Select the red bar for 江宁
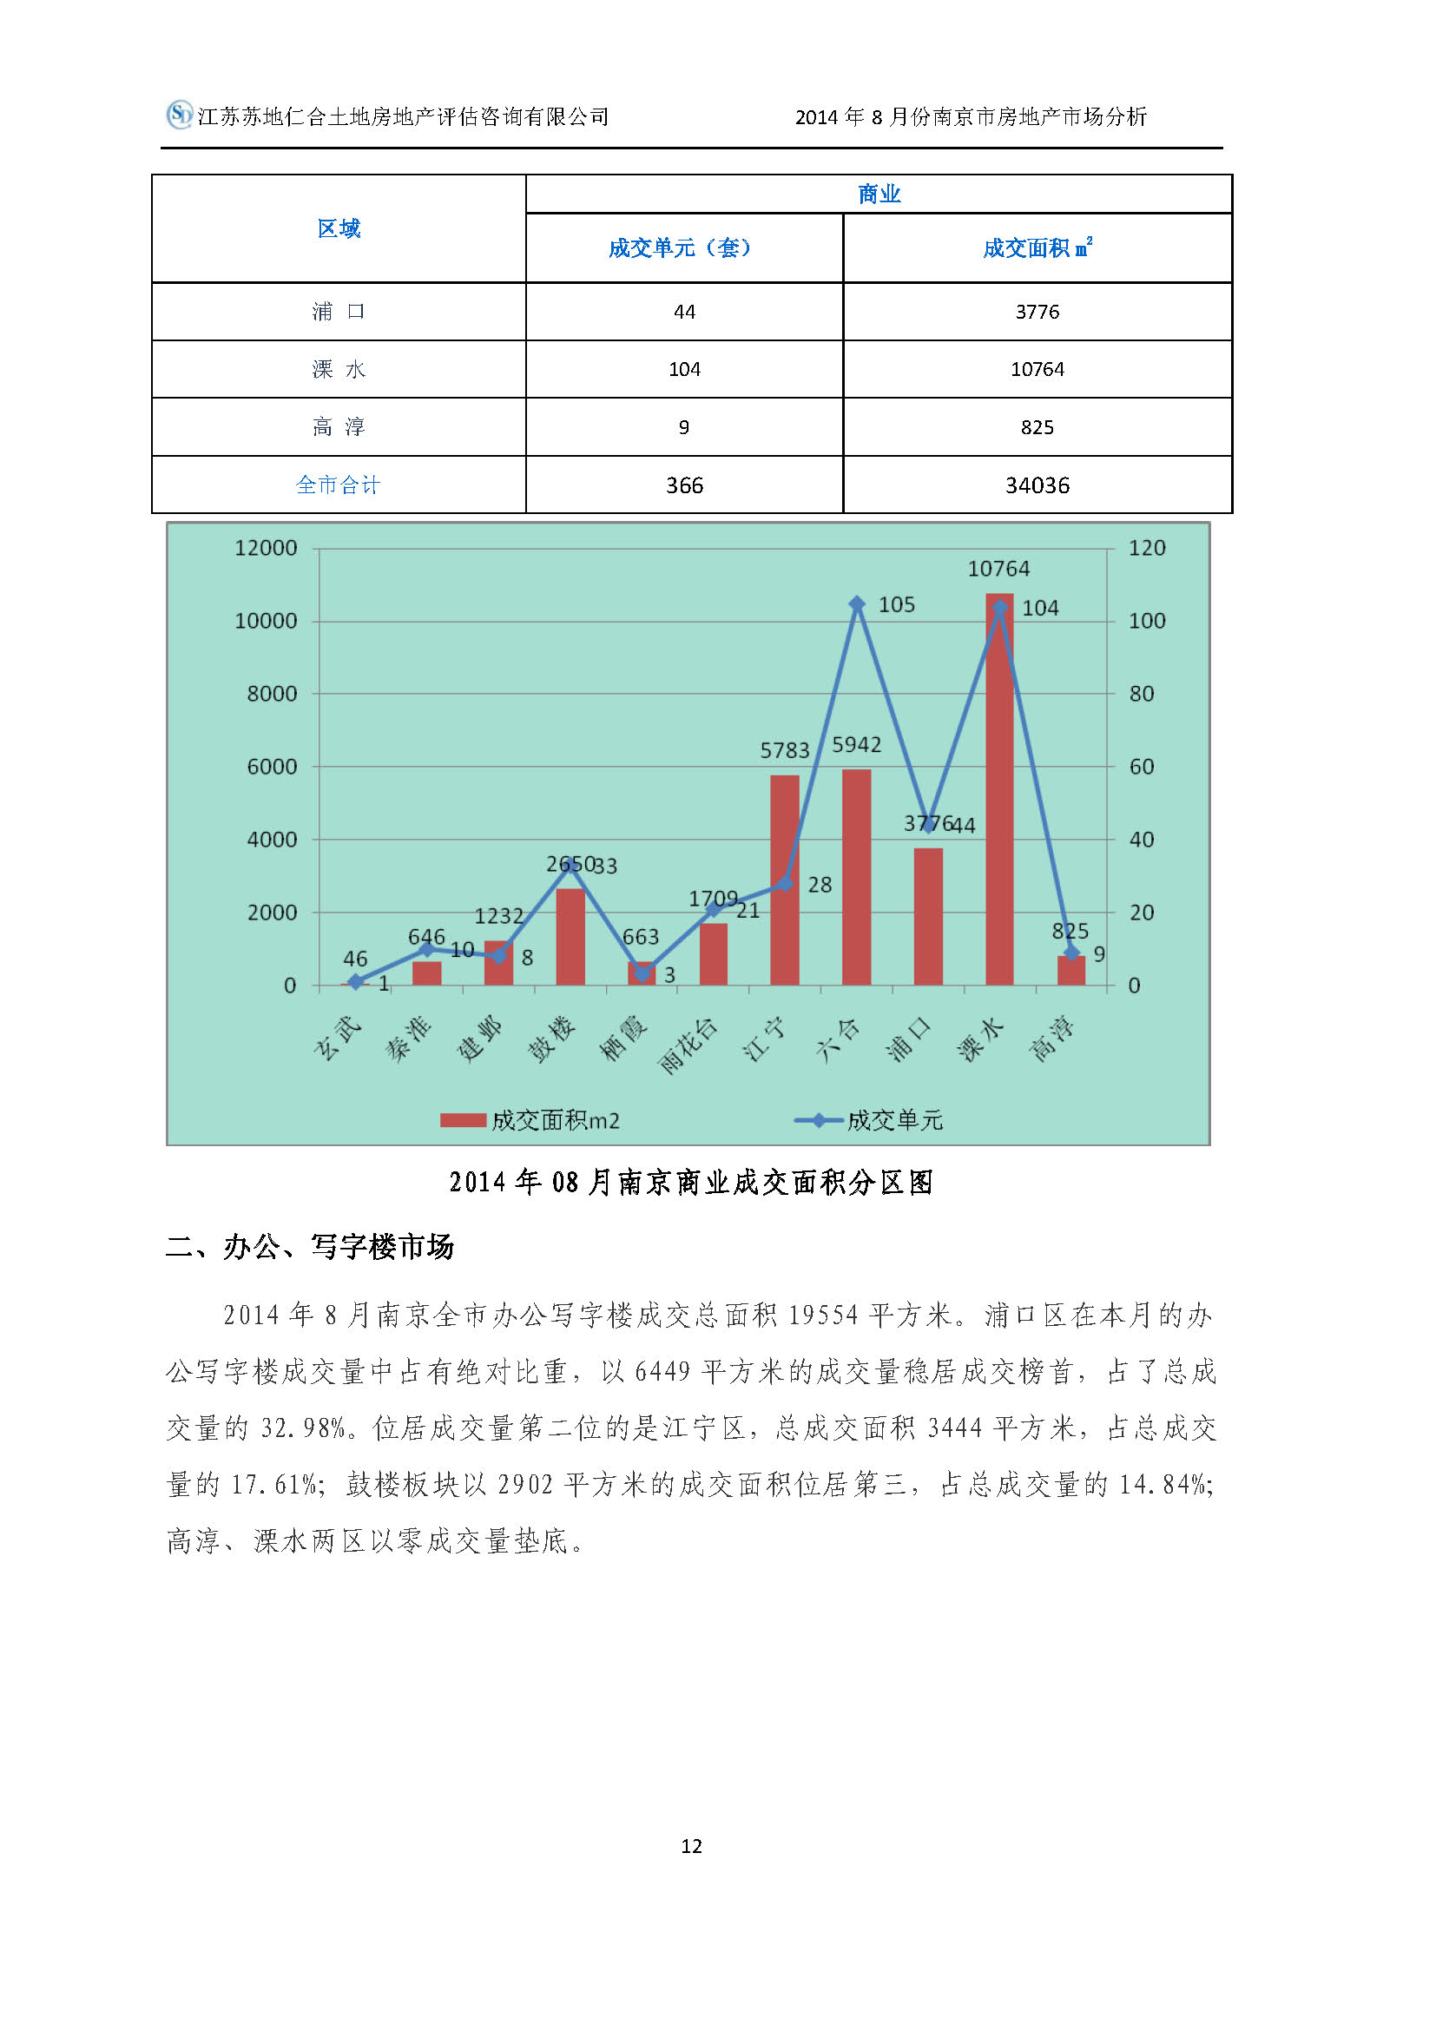pos(784,880)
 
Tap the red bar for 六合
pos(856,877)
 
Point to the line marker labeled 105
pos(856,603)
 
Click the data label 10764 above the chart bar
pos(998,569)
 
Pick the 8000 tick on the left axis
pos(272,694)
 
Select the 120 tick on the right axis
pos(1147,548)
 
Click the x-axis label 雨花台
pos(688,1045)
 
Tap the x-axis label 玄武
pos(338,1038)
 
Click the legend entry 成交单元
pos(894,1121)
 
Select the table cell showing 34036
pos(1037,485)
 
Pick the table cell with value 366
pos(684,485)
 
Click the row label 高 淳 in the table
pos(339,427)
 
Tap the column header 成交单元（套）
pos(679,247)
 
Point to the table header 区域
pos(339,228)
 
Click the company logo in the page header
pos(180,115)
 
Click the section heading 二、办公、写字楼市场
pos(309,1247)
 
